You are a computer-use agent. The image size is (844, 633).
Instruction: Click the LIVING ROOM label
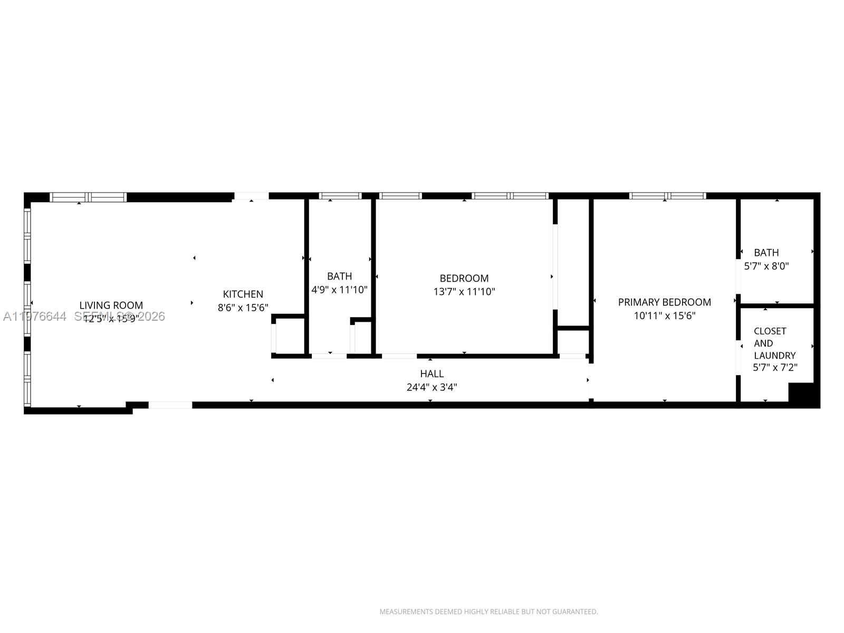[111, 305]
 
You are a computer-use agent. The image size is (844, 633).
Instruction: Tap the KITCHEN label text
[243, 294]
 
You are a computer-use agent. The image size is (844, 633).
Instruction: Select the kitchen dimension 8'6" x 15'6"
[243, 308]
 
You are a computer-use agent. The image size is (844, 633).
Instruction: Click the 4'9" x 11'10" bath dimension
[339, 290]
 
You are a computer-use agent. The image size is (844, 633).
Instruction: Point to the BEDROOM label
[464, 278]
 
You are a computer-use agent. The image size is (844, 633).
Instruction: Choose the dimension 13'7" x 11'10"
[464, 292]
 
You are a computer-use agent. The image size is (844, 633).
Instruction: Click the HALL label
[431, 373]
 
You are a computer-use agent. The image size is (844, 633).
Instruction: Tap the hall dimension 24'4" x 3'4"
[431, 387]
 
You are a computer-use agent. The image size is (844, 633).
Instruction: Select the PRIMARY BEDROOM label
[664, 302]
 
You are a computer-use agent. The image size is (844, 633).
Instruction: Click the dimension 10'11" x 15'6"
[664, 315]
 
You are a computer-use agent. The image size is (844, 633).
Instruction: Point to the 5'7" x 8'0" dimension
[766, 266]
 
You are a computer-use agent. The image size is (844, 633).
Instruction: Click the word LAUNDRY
[774, 356]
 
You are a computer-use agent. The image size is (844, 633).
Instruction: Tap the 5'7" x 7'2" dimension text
[774, 368]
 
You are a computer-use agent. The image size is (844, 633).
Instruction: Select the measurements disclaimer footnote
[488, 612]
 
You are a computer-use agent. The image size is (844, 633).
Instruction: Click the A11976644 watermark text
[35, 316]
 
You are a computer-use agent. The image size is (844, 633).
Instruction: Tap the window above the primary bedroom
[667, 196]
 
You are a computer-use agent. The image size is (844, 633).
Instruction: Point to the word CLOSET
[770, 331]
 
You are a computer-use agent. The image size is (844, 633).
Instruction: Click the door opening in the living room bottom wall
[170, 405]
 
